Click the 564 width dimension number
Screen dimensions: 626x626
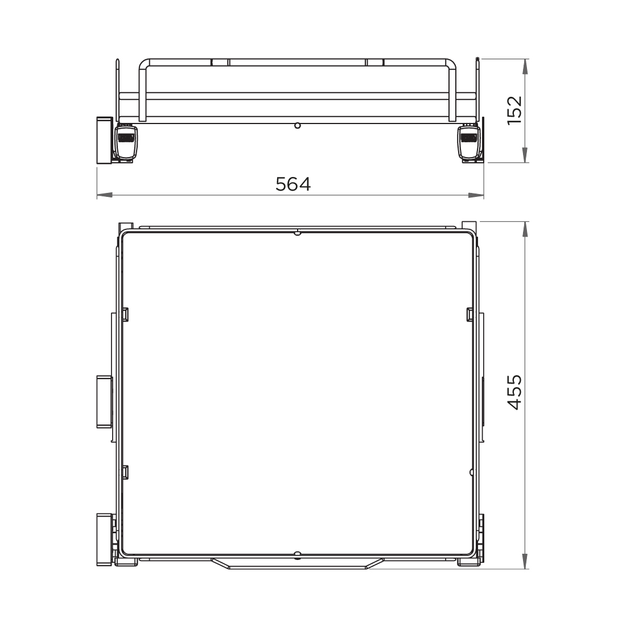(x=293, y=184)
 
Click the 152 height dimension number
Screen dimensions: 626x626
(x=514, y=110)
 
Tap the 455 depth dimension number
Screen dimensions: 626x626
(x=514, y=392)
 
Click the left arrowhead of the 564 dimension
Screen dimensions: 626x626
(x=105, y=195)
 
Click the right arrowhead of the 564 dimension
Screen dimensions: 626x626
(x=476, y=195)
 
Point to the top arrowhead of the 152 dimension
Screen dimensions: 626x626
(x=525, y=67)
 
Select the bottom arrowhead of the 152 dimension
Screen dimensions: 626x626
(x=525, y=155)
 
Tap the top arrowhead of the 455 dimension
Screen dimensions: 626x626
(x=525, y=229)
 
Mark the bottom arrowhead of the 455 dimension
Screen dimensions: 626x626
(x=525, y=561)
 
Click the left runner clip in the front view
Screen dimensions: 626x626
(x=126, y=143)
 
